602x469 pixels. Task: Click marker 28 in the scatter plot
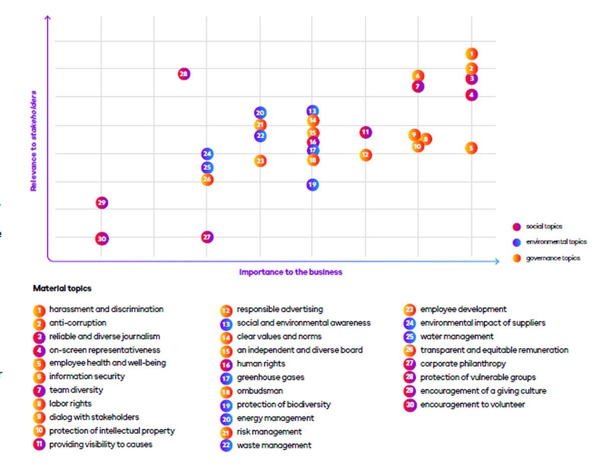pyautogui.click(x=184, y=74)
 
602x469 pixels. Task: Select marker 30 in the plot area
pyautogui.click(x=102, y=239)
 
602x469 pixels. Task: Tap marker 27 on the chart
pyautogui.click(x=207, y=237)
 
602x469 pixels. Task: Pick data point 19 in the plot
pyautogui.click(x=312, y=185)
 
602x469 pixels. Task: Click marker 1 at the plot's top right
pyautogui.click(x=471, y=54)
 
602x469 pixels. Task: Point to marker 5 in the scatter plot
pyautogui.click(x=471, y=148)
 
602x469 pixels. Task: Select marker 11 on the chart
pyautogui.click(x=366, y=132)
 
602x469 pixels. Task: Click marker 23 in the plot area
pyautogui.click(x=260, y=161)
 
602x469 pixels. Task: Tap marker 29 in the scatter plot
pyautogui.click(x=102, y=203)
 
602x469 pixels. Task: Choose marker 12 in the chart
pyautogui.click(x=366, y=155)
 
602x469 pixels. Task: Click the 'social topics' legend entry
pyautogui.click(x=544, y=226)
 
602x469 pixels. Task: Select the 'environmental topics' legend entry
pyautogui.click(x=556, y=242)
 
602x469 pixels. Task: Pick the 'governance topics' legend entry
pyautogui.click(x=553, y=258)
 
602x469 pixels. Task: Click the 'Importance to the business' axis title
pyautogui.click(x=290, y=272)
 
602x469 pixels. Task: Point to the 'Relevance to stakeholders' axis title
pyautogui.click(x=34, y=141)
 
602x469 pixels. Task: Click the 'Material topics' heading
pyautogui.click(x=62, y=289)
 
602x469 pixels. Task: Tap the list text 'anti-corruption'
pyautogui.click(x=78, y=323)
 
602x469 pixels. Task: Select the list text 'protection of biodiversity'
pyautogui.click(x=283, y=404)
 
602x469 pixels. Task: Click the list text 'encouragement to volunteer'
pyautogui.click(x=472, y=404)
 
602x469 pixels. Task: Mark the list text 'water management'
pyautogui.click(x=457, y=337)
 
